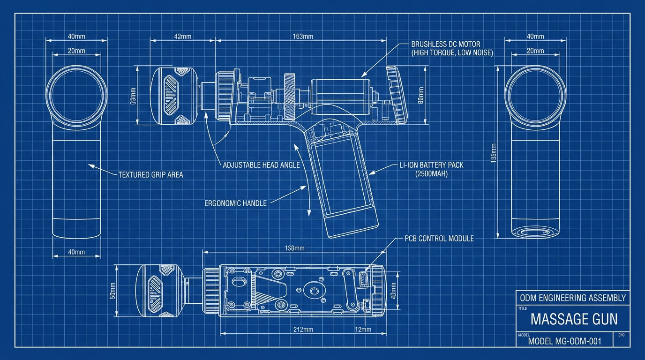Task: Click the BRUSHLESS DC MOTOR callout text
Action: tap(452, 48)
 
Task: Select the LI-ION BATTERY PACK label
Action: tap(431, 169)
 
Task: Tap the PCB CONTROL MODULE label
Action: tap(439, 239)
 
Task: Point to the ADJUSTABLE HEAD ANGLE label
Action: tap(261, 165)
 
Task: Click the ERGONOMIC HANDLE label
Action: tap(235, 203)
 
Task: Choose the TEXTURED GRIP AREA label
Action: tap(150, 175)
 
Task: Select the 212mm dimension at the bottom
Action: tap(303, 330)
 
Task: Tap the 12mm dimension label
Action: tap(363, 330)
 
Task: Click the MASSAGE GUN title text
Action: tap(574, 320)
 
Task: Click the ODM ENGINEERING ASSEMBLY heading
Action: tap(573, 298)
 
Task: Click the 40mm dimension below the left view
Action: tap(76, 252)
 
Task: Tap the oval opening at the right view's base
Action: tap(535, 232)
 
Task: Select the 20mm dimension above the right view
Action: tap(535, 51)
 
